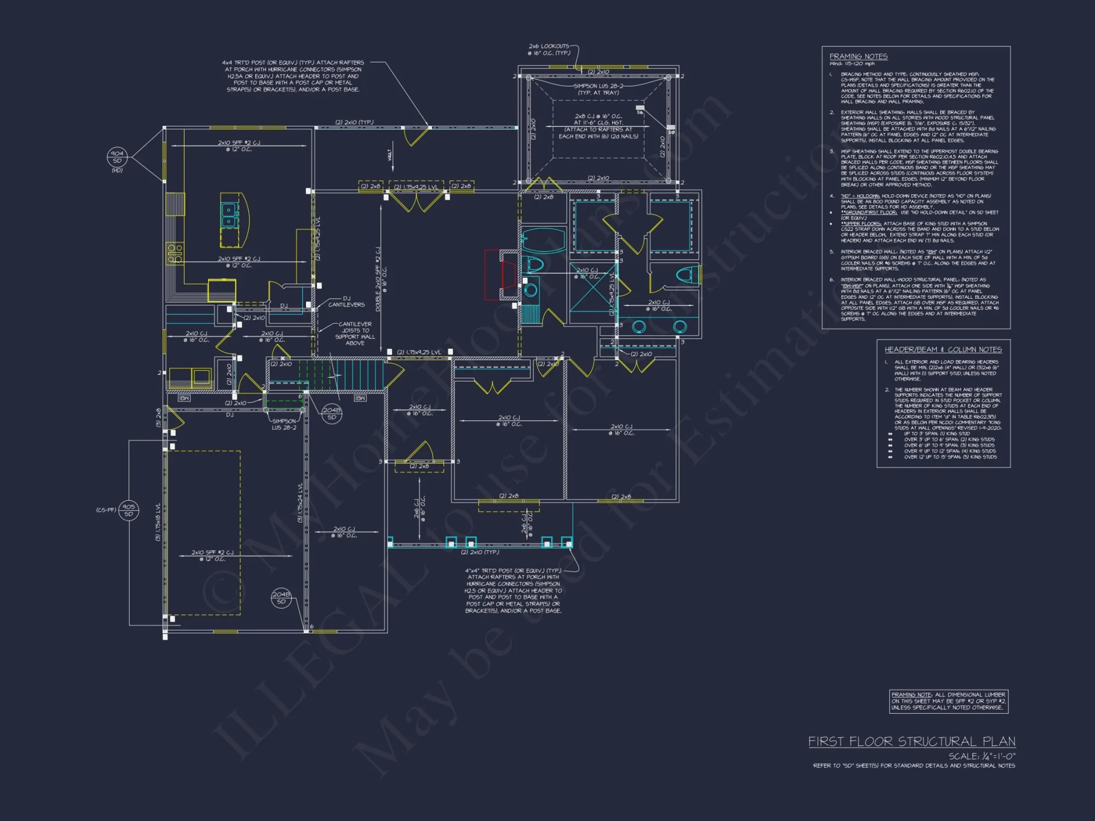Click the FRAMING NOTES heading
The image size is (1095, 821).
click(858, 56)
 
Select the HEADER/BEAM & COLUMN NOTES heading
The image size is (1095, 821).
click(943, 349)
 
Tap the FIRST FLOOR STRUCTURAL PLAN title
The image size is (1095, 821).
click(912, 742)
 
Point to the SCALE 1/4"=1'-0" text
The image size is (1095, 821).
click(982, 756)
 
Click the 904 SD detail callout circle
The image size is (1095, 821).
click(117, 157)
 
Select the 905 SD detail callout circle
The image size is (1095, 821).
click(129, 510)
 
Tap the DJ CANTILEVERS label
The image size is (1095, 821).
click(346, 302)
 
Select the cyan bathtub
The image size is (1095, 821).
click(543, 240)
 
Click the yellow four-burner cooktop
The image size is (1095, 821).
click(175, 253)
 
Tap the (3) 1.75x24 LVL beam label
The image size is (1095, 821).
click(300, 502)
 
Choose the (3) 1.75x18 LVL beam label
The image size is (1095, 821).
click(158, 522)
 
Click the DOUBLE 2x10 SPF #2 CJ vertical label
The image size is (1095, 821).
click(378, 279)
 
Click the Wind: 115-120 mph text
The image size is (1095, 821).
click(852, 64)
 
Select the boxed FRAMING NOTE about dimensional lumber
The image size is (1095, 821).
click(948, 701)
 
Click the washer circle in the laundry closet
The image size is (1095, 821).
click(530, 290)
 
